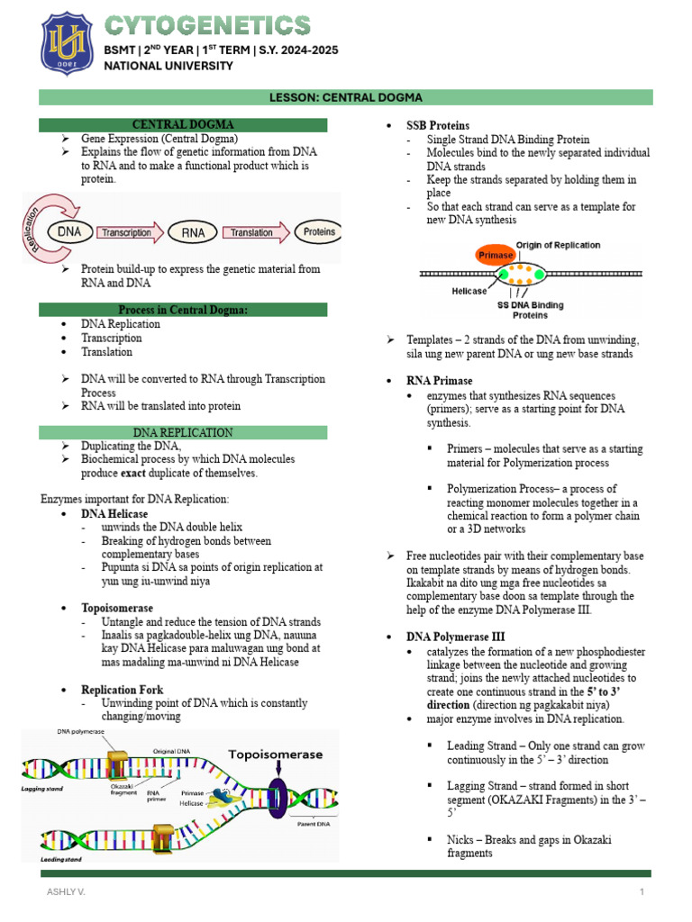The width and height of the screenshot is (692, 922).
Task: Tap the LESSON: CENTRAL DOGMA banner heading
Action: tap(346, 97)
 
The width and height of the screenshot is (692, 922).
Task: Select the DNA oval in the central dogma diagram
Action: tap(69, 231)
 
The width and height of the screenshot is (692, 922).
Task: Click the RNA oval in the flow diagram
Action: tap(194, 232)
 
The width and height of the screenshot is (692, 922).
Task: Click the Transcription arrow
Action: tap(129, 232)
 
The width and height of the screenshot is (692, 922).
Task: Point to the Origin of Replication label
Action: tap(558, 245)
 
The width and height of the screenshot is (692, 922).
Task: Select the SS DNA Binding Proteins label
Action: tap(535, 310)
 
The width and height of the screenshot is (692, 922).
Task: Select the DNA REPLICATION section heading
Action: tap(183, 433)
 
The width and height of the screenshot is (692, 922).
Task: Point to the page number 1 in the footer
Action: tap(642, 891)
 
